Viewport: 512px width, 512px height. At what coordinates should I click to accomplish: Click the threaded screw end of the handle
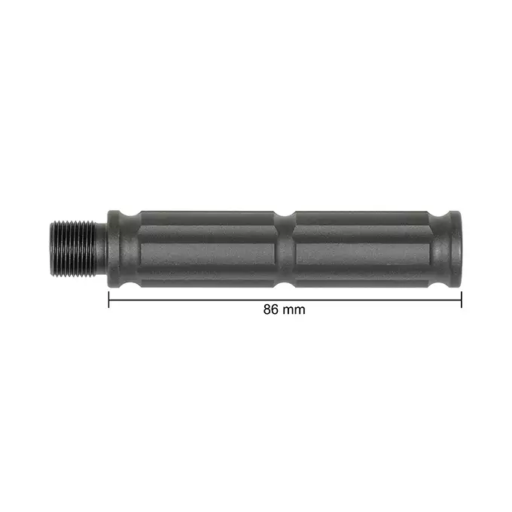73,248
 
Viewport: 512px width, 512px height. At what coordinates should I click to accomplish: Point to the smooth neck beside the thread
102,249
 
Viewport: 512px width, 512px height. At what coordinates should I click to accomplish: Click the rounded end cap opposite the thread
456,249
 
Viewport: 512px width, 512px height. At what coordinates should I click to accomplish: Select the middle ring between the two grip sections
285,249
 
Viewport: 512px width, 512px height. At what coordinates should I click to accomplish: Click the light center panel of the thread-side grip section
208,254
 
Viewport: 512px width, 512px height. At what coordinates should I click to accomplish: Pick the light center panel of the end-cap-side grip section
362,254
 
